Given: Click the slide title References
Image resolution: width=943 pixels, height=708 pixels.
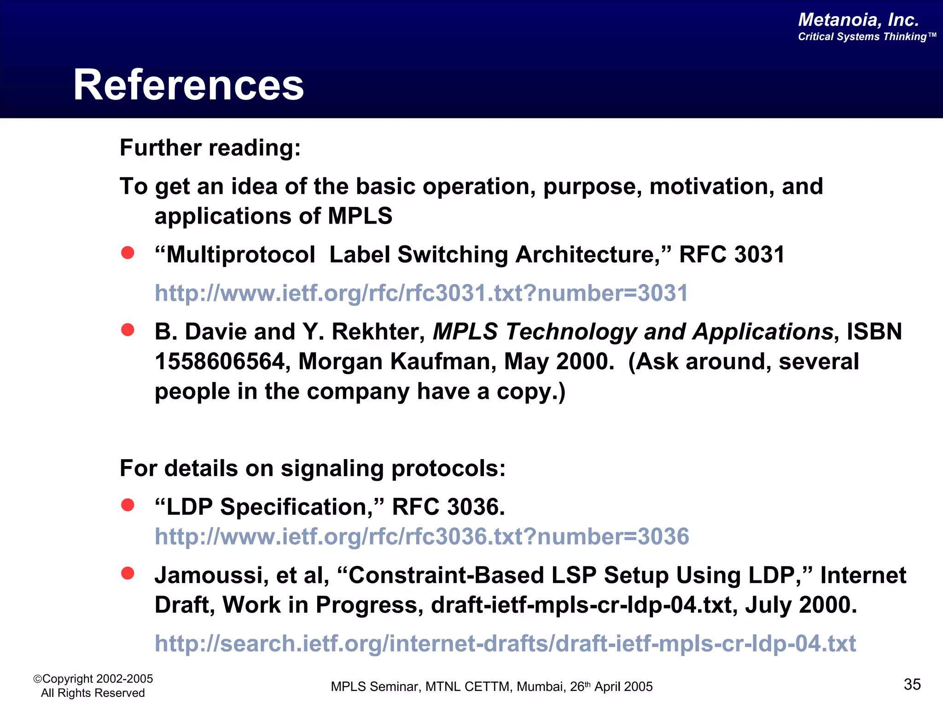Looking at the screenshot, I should coord(188,85).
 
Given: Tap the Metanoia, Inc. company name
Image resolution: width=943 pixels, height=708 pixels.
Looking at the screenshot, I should coord(858,20).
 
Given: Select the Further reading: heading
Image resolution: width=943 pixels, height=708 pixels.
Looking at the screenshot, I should coord(210,148).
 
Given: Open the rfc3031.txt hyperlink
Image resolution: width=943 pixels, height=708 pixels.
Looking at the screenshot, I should coord(421,293).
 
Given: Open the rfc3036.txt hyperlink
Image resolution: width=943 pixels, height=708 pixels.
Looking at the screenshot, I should coord(421,537).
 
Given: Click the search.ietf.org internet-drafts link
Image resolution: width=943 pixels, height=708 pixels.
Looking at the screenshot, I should coord(505,643).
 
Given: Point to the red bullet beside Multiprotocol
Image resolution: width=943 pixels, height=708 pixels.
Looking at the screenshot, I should coord(128,253).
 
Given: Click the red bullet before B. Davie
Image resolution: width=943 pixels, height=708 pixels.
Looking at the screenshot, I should coord(128,330).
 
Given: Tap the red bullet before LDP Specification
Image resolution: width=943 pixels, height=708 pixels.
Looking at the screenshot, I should coord(128,505).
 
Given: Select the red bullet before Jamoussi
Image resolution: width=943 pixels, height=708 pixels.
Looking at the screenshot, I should coord(128,573).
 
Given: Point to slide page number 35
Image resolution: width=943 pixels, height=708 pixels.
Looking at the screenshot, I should coord(912,684).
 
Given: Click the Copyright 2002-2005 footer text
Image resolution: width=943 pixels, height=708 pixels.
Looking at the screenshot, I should coord(93,679).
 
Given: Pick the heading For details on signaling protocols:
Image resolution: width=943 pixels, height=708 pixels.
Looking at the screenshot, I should coord(313,468).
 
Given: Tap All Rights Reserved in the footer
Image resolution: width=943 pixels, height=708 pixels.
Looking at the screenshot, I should coord(93,693).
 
